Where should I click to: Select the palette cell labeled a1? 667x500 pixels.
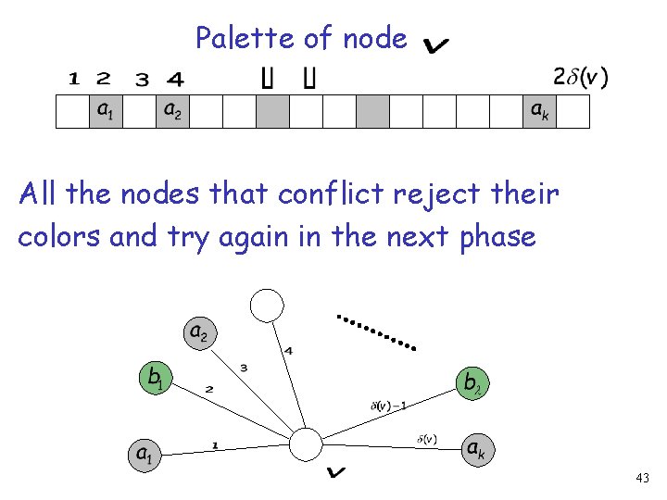pyautogui.click(x=106, y=110)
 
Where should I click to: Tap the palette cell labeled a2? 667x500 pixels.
pyautogui.click(x=171, y=110)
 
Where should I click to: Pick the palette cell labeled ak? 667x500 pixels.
pyautogui.click(x=539, y=110)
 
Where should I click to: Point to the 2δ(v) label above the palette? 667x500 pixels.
pyautogui.click(x=580, y=78)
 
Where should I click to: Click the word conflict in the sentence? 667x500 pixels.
pyautogui.click(x=333, y=195)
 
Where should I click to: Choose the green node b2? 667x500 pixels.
pyautogui.click(x=472, y=381)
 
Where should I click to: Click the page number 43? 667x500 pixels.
pyautogui.click(x=643, y=478)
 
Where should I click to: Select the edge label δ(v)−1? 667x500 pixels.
pyautogui.click(x=388, y=404)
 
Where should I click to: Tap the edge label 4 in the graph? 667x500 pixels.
pyautogui.click(x=289, y=350)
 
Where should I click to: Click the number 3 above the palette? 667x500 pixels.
pyautogui.click(x=141, y=79)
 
